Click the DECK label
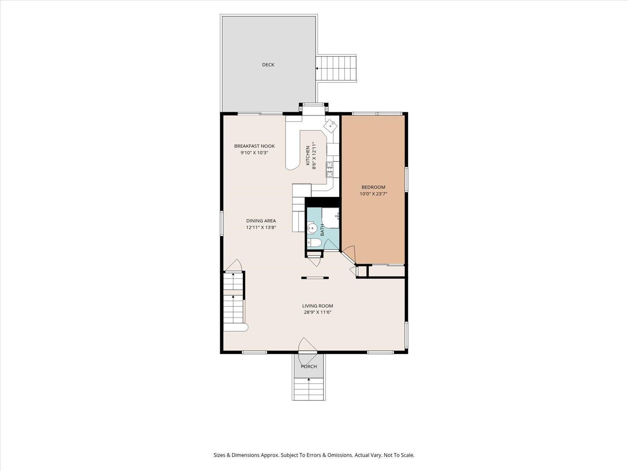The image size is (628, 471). [268, 65]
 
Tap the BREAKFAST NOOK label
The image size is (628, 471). [255, 146]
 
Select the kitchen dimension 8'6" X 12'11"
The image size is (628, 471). [314, 156]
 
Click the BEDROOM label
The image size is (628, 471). [373, 187]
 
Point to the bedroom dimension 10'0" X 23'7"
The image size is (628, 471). [373, 194]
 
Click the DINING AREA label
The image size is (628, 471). [261, 221]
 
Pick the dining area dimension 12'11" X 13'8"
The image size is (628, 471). [261, 228]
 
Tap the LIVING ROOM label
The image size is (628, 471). [318, 306]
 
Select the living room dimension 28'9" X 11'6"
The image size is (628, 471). [318, 312]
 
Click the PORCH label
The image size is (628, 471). [309, 367]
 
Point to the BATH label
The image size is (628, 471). [322, 230]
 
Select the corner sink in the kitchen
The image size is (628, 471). [330, 126]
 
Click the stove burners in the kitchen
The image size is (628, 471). [329, 169]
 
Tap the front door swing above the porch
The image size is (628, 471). [307, 345]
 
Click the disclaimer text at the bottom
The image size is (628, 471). [314, 455]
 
